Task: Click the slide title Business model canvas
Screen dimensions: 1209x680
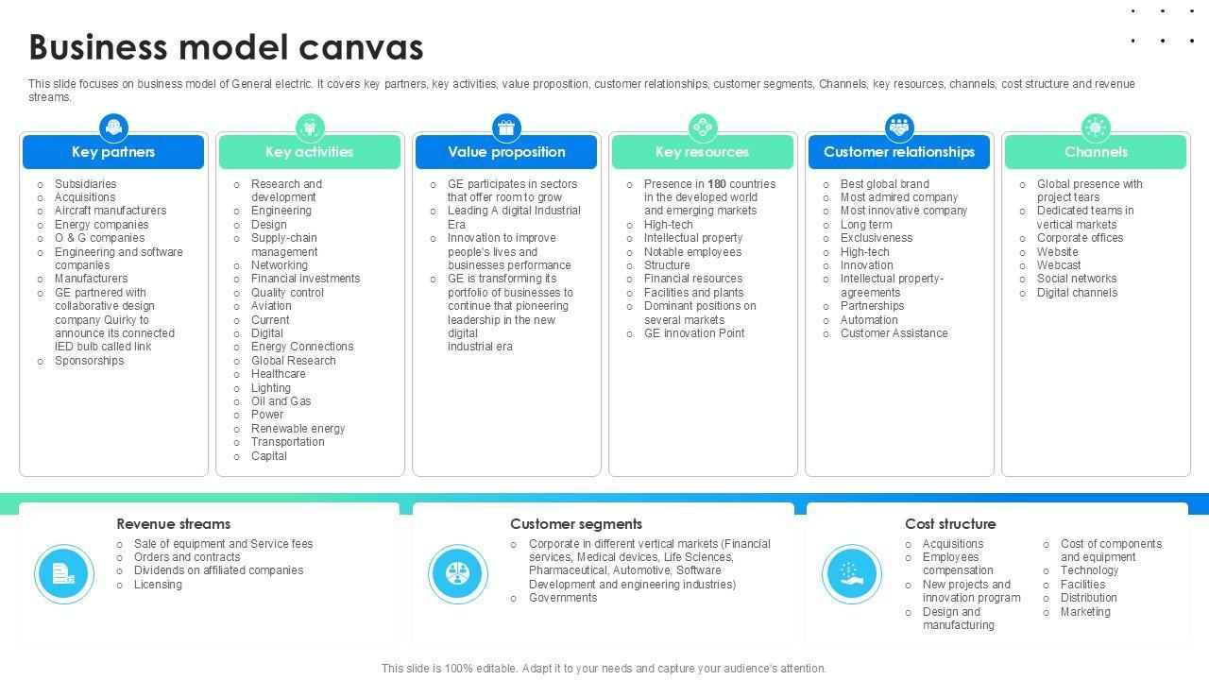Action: click(226, 47)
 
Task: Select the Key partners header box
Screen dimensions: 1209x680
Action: click(113, 152)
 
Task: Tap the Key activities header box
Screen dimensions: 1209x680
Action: click(310, 152)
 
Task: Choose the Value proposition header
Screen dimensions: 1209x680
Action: click(506, 152)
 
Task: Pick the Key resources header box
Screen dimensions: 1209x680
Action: click(703, 152)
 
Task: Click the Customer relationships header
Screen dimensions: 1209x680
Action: click(899, 152)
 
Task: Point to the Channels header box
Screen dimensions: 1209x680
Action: click(1096, 152)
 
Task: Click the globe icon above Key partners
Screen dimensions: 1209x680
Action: click(113, 127)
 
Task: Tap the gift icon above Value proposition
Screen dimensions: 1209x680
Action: click(506, 127)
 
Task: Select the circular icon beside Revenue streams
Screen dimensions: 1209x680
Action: click(64, 573)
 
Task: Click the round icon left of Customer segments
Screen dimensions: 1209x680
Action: click(458, 573)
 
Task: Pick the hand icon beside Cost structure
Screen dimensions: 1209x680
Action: click(851, 573)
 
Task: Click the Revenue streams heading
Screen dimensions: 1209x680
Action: click(173, 524)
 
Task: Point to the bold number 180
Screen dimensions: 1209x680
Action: click(717, 184)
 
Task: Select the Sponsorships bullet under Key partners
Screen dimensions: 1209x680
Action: click(89, 361)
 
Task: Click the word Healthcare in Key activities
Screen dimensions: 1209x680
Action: click(278, 374)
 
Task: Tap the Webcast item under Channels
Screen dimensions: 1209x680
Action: click(1059, 265)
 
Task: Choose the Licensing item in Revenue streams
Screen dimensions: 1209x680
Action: click(158, 585)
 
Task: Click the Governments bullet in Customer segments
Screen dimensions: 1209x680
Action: click(563, 598)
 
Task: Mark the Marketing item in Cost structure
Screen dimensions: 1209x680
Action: click(1085, 612)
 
